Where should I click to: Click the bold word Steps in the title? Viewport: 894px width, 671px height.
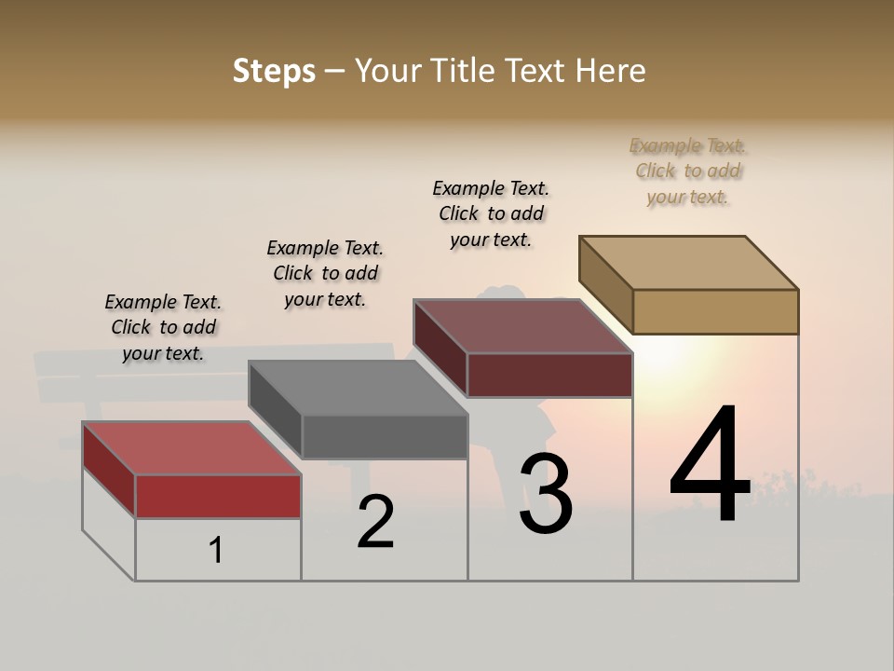point(274,71)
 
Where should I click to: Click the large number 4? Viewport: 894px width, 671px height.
point(710,465)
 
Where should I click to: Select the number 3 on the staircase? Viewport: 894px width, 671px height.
point(546,494)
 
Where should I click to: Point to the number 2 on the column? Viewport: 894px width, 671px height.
point(375,522)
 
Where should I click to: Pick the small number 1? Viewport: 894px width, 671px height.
point(216,550)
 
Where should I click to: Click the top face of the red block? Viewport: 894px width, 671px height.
point(191,448)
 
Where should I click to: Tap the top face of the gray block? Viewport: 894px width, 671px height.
point(358,388)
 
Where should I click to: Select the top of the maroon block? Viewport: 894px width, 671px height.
point(522,326)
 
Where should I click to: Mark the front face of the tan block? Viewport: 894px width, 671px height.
point(715,311)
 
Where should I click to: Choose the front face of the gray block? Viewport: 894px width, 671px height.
point(385,436)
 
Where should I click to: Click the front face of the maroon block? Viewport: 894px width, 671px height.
point(549,375)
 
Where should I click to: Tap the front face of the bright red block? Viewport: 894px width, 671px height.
point(218,496)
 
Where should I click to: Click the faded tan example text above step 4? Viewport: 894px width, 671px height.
point(688,171)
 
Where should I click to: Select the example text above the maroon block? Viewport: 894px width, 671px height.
point(491,213)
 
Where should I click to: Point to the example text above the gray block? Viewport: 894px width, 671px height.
point(325,273)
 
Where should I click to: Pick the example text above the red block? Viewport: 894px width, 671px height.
point(163,327)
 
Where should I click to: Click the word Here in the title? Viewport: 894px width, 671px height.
point(611,71)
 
